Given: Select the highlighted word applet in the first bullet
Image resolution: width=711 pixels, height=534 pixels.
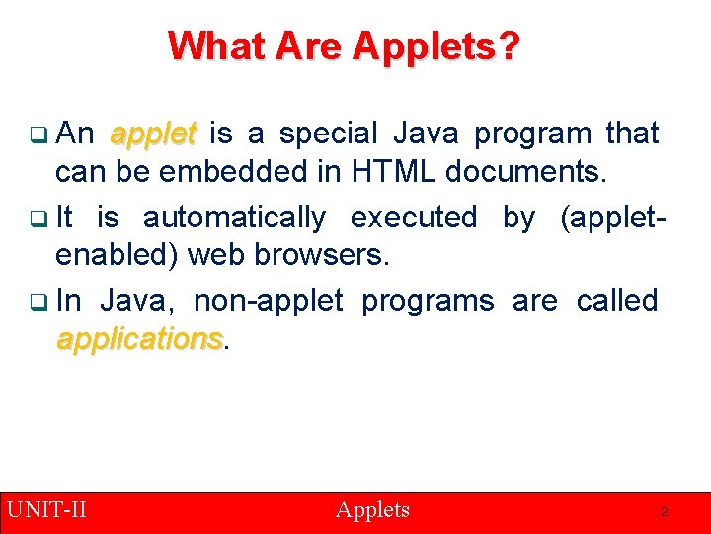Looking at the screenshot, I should [153, 133].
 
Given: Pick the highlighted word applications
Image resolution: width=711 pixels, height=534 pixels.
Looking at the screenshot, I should [139, 339].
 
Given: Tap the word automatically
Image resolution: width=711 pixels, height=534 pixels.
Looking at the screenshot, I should [234, 217].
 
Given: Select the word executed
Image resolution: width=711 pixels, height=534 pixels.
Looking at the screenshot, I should [413, 217].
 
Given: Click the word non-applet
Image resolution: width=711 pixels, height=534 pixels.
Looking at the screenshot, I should [268, 301].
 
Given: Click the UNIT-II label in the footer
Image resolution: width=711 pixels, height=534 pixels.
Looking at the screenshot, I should [46, 510].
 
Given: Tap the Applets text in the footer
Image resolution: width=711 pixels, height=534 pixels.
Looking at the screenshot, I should [372, 510].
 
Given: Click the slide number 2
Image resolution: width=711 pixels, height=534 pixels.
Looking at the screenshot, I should [665, 512].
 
